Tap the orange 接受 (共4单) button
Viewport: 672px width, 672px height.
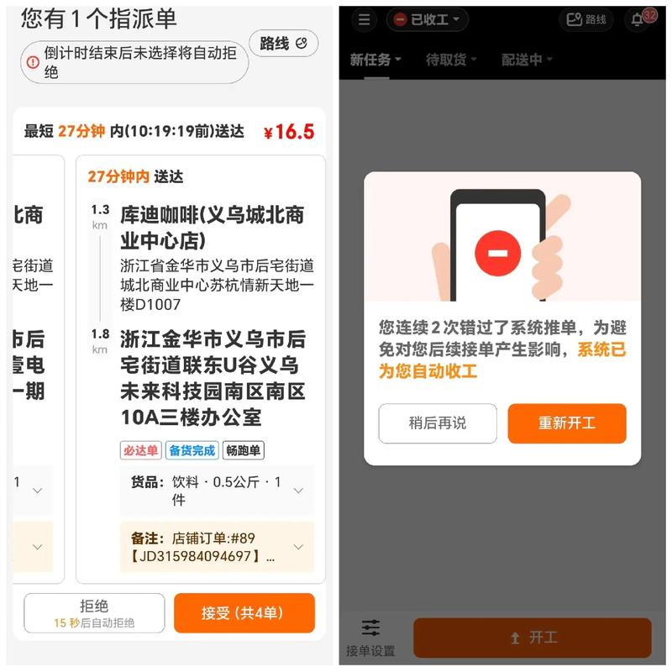(x=244, y=613)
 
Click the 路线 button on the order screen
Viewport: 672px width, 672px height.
(x=283, y=44)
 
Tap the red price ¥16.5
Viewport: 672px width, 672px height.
(x=288, y=132)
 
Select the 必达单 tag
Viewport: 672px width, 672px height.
(x=140, y=450)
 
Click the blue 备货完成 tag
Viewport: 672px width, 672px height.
(x=192, y=450)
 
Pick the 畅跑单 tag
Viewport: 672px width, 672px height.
(x=243, y=450)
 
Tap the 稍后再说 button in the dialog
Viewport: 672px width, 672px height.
(x=437, y=423)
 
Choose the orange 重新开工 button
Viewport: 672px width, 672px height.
(x=567, y=423)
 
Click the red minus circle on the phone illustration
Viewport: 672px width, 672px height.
(x=497, y=253)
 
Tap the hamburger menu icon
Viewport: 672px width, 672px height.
(x=364, y=19)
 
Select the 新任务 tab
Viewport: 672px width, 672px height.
(x=375, y=60)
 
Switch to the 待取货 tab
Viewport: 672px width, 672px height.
(x=451, y=60)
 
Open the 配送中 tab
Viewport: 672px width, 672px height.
(x=527, y=60)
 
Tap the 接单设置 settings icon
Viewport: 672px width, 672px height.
(x=370, y=636)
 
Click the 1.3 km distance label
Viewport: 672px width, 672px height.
(x=100, y=216)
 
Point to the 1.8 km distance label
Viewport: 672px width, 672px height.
(x=100, y=340)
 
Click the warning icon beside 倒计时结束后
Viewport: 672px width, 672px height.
(x=33, y=62)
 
